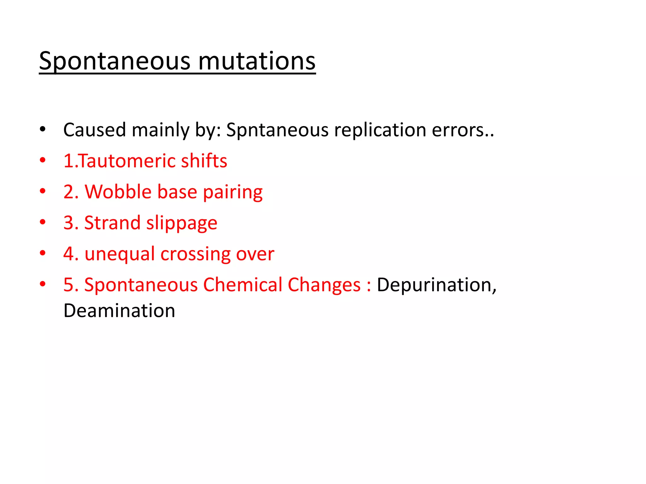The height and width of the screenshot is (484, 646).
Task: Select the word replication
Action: (x=380, y=130)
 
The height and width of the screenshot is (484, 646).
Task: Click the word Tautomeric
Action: (x=126, y=161)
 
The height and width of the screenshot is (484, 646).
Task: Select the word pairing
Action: (x=232, y=192)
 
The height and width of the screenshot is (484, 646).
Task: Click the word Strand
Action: (x=112, y=223)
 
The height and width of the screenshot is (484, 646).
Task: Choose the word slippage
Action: (x=182, y=223)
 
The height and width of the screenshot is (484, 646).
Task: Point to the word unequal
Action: (x=120, y=254)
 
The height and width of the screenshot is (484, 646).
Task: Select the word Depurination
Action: (x=437, y=285)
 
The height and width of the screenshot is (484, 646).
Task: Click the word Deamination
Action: (x=119, y=311)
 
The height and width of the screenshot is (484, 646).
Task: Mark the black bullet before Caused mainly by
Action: (x=43, y=129)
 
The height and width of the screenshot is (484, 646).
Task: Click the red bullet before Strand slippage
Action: (x=43, y=222)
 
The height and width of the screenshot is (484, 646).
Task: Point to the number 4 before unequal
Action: (x=69, y=254)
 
